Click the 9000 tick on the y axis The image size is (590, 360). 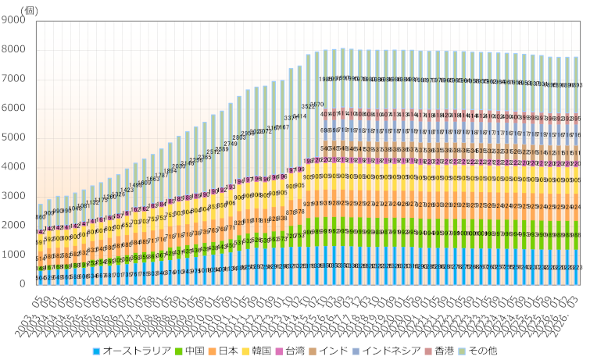pyautogui.click(x=14, y=21)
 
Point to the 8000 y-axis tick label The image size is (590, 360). pyautogui.click(x=14, y=50)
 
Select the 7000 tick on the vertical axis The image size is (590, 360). pyautogui.click(x=14, y=80)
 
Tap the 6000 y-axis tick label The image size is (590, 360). pyautogui.click(x=14, y=109)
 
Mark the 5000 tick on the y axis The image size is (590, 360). pyautogui.click(x=14, y=138)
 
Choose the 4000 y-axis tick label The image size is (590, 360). pyautogui.click(x=14, y=167)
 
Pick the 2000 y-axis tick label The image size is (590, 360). pyautogui.click(x=14, y=226)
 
